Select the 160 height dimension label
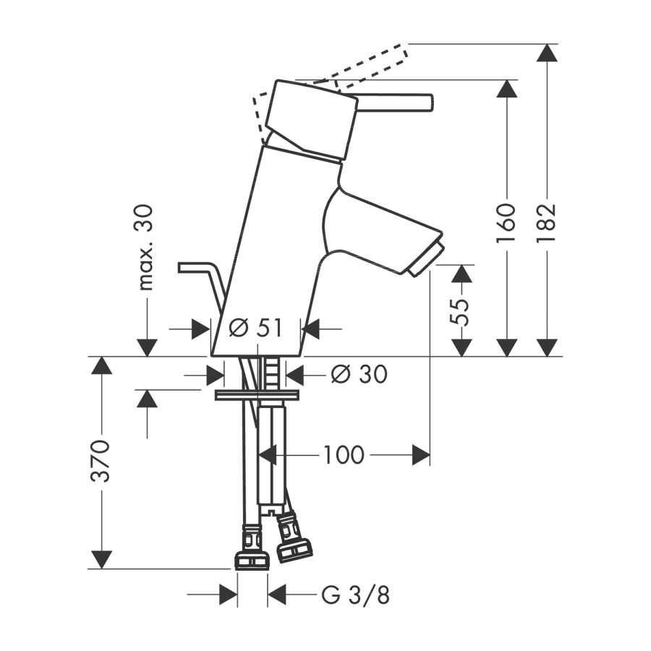coord(506,223)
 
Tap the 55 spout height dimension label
coord(461,312)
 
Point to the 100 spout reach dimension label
coord(344,455)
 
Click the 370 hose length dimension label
coord(101,461)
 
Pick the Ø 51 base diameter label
coord(256,328)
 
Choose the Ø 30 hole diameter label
coord(359,375)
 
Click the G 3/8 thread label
coord(355,596)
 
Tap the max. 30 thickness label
coord(145,247)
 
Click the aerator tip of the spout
coord(425,260)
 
